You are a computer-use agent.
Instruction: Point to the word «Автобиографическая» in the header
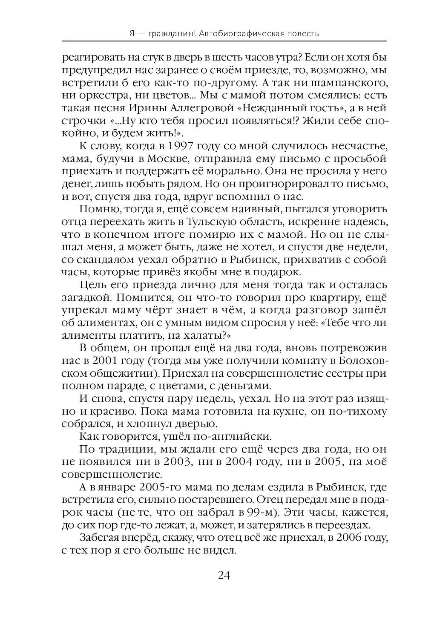pos(241,33)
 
